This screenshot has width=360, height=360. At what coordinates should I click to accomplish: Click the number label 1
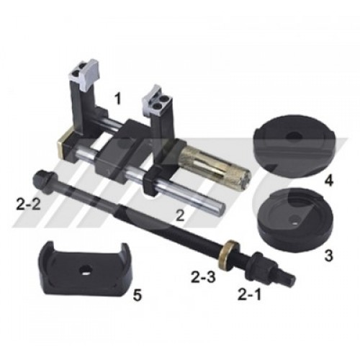click(x=117, y=99)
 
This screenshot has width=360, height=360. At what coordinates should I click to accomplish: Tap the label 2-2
click(x=28, y=205)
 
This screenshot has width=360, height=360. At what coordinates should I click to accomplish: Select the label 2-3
click(x=203, y=276)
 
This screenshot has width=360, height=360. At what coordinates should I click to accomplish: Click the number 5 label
click(x=138, y=295)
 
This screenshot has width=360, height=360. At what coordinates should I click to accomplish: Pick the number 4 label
click(x=328, y=180)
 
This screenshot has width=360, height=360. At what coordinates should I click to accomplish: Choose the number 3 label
click(x=328, y=256)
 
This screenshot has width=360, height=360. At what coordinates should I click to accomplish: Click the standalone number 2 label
click(x=180, y=215)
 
